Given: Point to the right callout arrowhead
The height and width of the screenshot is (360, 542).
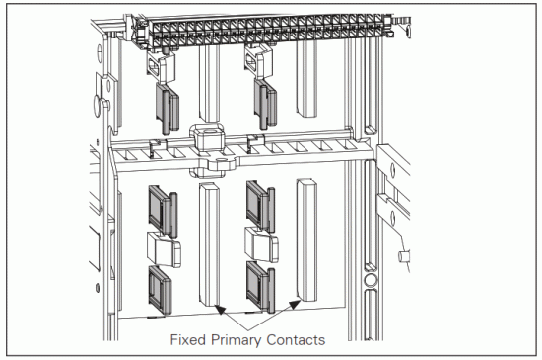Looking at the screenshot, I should (x=293, y=309).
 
